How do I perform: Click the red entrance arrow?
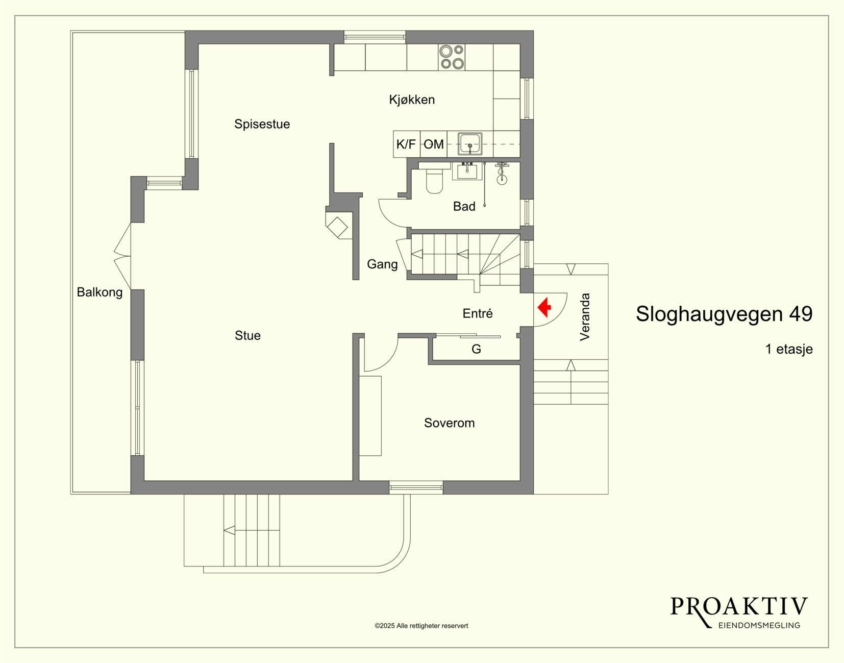click(x=544, y=307)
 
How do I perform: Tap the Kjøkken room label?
click(x=412, y=100)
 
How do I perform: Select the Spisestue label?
click(x=262, y=124)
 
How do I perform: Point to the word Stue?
click(x=247, y=335)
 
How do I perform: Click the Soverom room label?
click(x=449, y=423)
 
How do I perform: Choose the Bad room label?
click(x=464, y=206)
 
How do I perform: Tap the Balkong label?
click(x=100, y=292)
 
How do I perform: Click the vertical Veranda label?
click(x=585, y=317)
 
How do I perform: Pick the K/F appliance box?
click(x=406, y=144)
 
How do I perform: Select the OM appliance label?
click(x=433, y=144)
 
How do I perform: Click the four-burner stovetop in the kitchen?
click(x=452, y=57)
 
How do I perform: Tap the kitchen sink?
click(x=470, y=144)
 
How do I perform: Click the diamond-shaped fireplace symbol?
click(x=337, y=227)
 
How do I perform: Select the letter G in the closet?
click(x=476, y=349)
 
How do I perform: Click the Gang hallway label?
click(x=382, y=264)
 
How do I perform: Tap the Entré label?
click(x=477, y=313)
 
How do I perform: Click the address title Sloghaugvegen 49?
click(x=724, y=314)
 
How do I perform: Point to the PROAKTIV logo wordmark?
click(x=739, y=607)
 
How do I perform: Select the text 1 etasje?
click(x=789, y=349)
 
